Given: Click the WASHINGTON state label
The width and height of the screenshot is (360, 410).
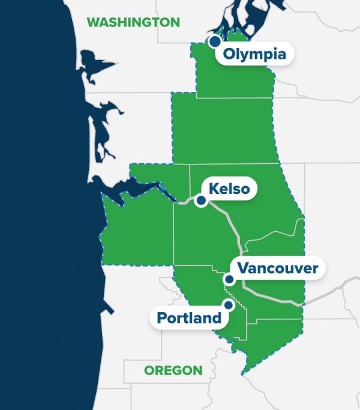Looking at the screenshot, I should (x=133, y=22).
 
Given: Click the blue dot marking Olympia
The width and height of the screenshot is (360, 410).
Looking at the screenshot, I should (x=214, y=41).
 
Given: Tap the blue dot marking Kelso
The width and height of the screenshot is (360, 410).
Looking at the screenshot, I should (x=202, y=201).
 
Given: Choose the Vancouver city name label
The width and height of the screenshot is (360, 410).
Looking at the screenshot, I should (x=277, y=268).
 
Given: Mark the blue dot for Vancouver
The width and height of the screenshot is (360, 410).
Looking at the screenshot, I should (x=229, y=279).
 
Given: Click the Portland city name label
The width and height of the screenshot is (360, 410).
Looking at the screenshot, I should (x=190, y=318).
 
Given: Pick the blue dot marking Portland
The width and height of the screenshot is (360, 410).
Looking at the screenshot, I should (x=228, y=304).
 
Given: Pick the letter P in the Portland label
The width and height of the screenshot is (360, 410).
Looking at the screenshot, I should (x=162, y=318).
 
